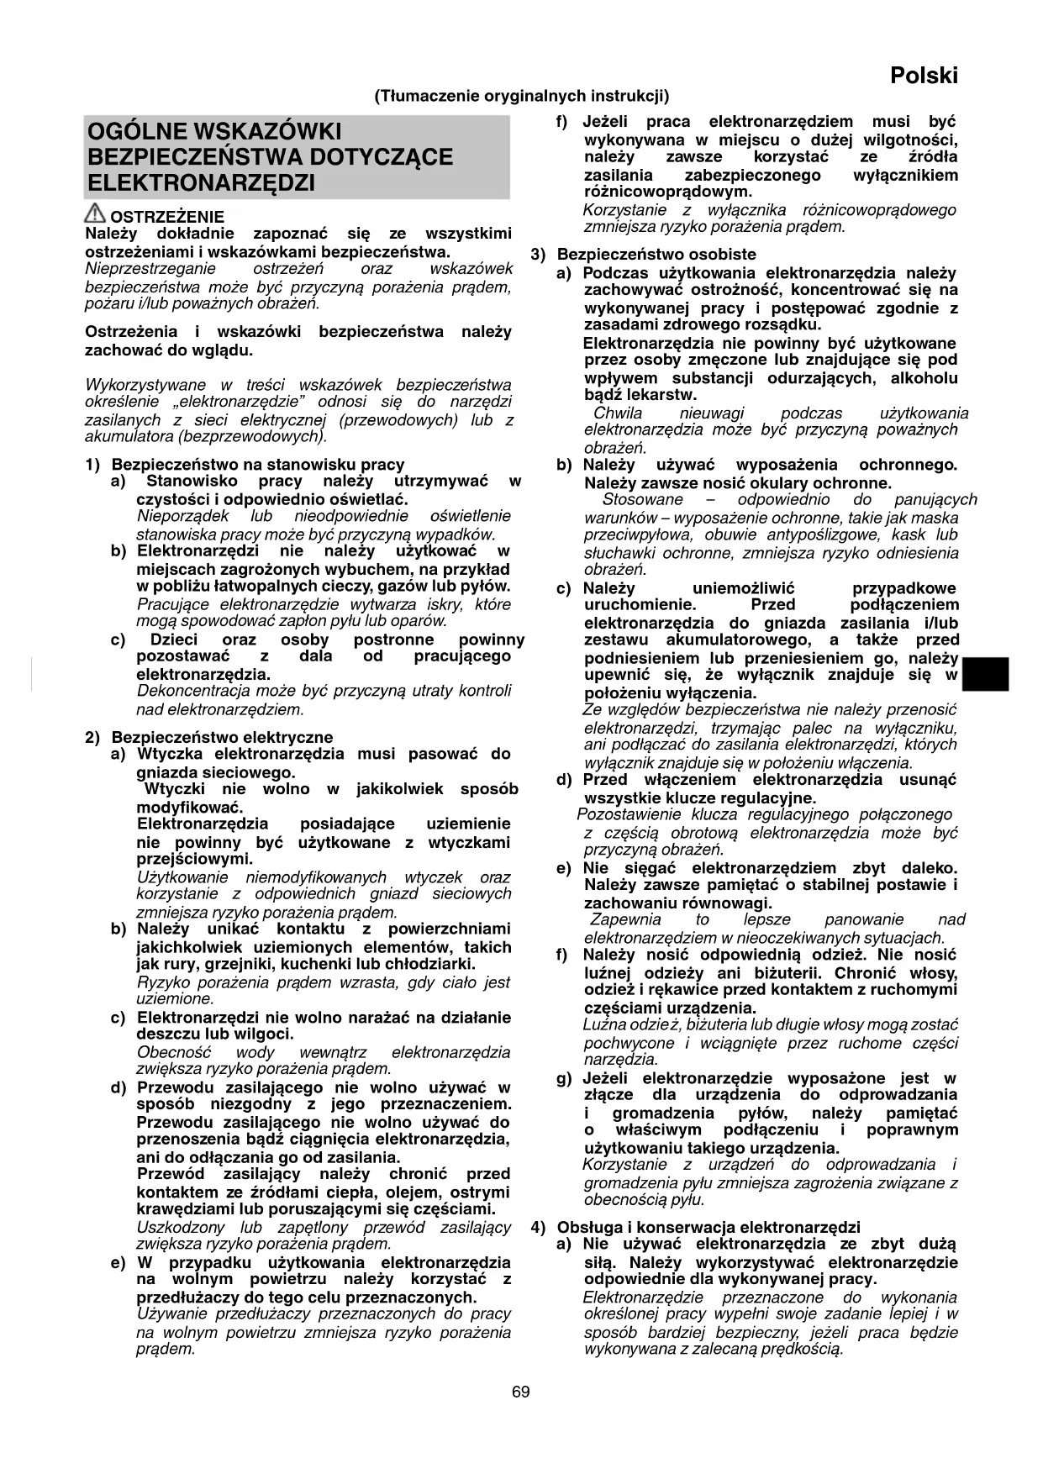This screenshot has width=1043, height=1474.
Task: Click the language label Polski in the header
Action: (x=924, y=76)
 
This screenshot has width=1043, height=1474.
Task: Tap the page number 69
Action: (x=521, y=1392)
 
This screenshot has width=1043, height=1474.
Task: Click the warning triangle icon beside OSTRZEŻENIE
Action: (x=95, y=215)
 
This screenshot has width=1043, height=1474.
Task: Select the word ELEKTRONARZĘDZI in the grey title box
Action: (x=202, y=182)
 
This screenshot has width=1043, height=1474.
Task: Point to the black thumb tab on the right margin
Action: (x=985, y=675)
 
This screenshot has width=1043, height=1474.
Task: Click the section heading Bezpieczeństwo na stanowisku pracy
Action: (x=258, y=464)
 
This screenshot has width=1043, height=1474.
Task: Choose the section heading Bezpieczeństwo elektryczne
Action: (x=222, y=737)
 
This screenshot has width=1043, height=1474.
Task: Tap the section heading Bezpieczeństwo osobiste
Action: (x=656, y=254)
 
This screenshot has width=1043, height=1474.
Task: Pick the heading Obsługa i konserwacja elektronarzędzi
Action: (x=709, y=1227)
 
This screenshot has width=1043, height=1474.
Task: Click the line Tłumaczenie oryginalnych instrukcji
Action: (x=522, y=96)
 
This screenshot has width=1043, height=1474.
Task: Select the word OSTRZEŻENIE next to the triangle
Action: (x=167, y=217)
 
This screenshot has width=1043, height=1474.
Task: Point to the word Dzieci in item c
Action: (x=174, y=640)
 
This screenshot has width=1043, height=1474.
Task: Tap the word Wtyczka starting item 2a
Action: (x=171, y=754)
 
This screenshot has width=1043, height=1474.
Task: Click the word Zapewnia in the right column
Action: (x=625, y=919)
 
